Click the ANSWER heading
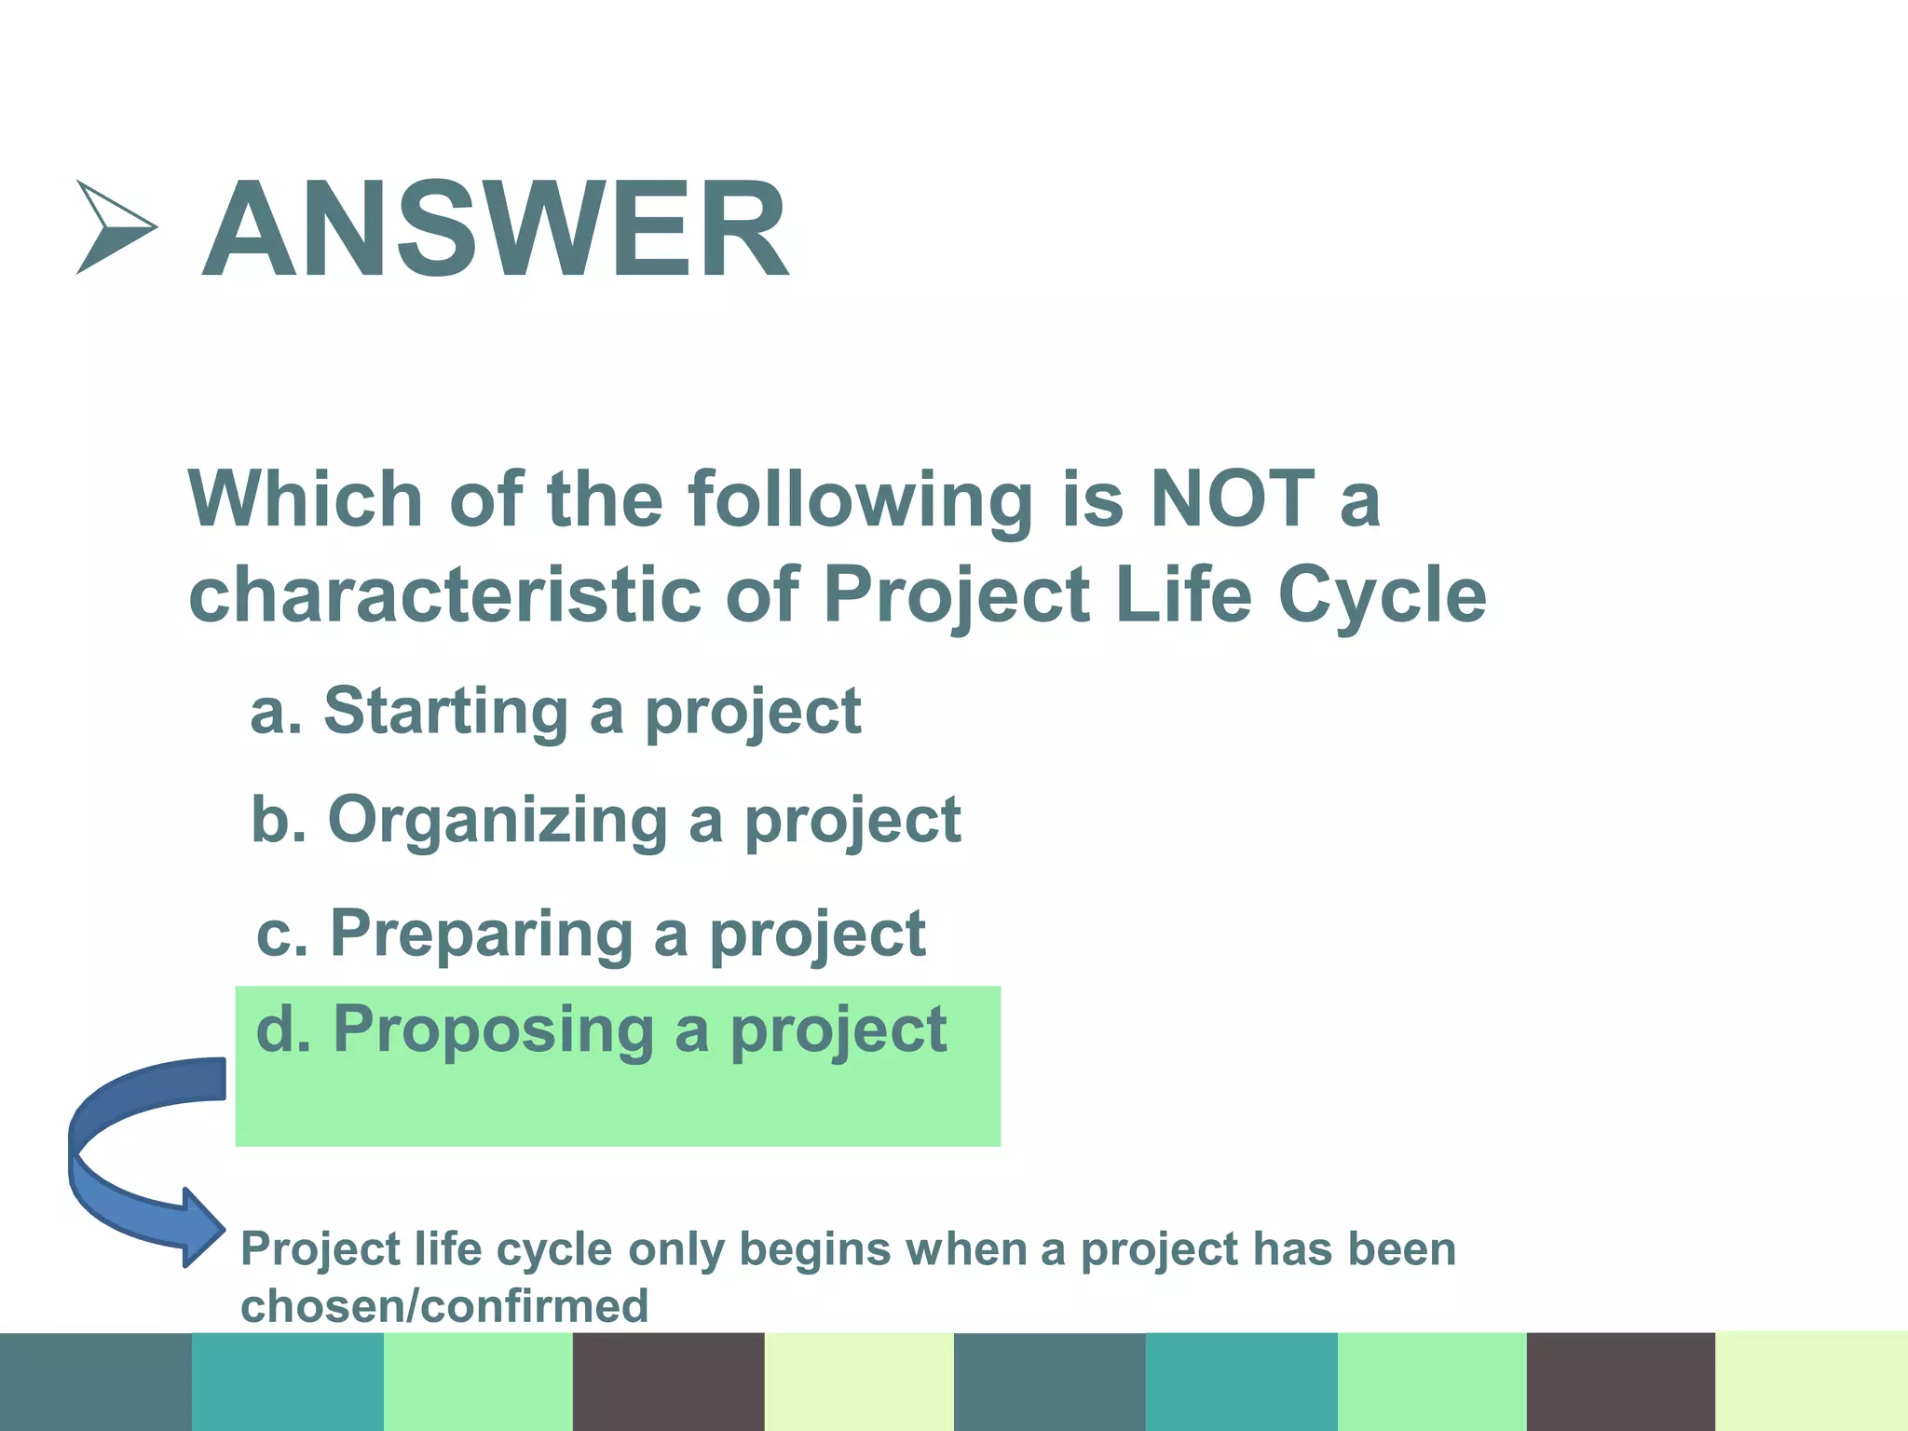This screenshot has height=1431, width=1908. pos(496,230)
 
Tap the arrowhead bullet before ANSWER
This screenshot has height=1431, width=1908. pos(114,227)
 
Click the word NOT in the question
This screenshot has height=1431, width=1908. pos(1232,499)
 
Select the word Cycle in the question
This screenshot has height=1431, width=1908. pos(1382,595)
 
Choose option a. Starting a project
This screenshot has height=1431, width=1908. pos(555,712)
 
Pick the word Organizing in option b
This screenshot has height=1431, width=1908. pos(497,821)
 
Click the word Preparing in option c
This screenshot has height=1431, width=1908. pos(482,934)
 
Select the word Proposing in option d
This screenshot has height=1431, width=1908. pos(493,1029)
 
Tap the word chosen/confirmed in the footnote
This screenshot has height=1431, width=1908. pos(444,1305)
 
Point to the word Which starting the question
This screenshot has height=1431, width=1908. pos(306,499)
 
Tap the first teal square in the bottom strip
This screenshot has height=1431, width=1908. pos(287,1381)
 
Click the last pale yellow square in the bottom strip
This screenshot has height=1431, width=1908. pos(1811,1381)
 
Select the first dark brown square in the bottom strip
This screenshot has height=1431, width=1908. pos(668,1381)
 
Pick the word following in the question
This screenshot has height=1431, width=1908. pos(860,501)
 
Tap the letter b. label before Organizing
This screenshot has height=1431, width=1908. pos(278,821)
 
